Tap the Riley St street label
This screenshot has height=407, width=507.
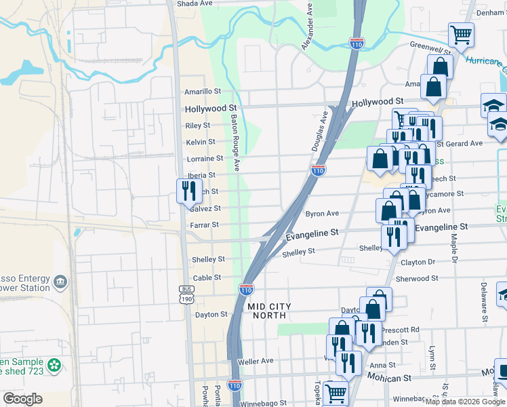pyautogui.click(x=198, y=125)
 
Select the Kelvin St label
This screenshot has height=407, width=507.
pyautogui.click(x=201, y=142)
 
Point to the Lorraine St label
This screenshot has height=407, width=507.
pyautogui.click(x=205, y=159)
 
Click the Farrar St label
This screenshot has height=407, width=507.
pyautogui.click(x=205, y=225)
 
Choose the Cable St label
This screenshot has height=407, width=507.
pyautogui.click(x=207, y=277)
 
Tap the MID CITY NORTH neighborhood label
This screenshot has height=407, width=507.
pyautogui.click(x=269, y=311)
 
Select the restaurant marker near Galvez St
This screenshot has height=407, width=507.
pyautogui.click(x=186, y=191)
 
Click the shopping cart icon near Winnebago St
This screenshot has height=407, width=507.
pyautogui.click(x=336, y=393)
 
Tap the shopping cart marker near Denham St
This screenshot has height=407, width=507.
pyautogui.click(x=461, y=34)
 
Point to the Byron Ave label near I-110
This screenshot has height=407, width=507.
pyautogui.click(x=322, y=214)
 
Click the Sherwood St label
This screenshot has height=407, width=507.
pyautogui.click(x=417, y=278)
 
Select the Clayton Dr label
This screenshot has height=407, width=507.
pyautogui.click(x=418, y=262)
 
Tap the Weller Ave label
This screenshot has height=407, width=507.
pyautogui.click(x=256, y=362)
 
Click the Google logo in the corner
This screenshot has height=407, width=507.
pyautogui.click(x=22, y=399)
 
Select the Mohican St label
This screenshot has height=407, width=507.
pyautogui.click(x=390, y=376)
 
